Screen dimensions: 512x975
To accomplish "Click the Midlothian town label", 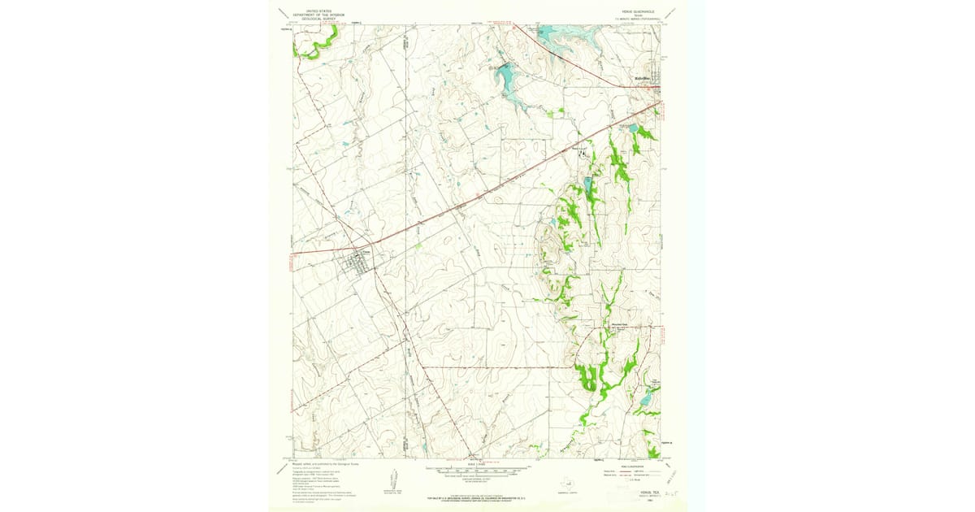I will pos(644,78).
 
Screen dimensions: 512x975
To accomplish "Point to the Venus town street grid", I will pos(357,262).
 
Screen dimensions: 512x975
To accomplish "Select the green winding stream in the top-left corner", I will pos(312,46).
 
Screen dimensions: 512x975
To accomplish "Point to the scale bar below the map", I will pos(478,470).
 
